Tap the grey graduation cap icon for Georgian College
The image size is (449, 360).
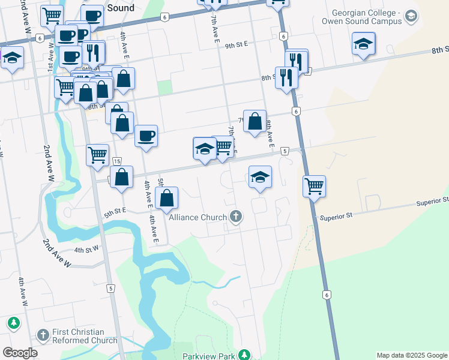(411, 16)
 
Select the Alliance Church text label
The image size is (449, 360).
(198, 217)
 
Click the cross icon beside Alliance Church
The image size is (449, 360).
(236, 217)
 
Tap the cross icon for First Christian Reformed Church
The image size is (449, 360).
(43, 335)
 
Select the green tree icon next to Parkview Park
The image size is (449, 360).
(244, 355)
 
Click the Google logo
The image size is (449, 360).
(20, 353)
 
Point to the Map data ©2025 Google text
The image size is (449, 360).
(411, 355)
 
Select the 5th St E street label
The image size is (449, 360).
(115, 211)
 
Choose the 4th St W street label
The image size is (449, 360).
(86, 249)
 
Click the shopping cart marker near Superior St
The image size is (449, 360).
(314, 186)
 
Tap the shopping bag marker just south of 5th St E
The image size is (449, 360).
(166, 197)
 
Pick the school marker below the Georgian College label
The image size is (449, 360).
(363, 43)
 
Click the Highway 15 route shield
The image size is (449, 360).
(116, 161)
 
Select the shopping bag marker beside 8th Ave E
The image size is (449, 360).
(255, 121)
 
